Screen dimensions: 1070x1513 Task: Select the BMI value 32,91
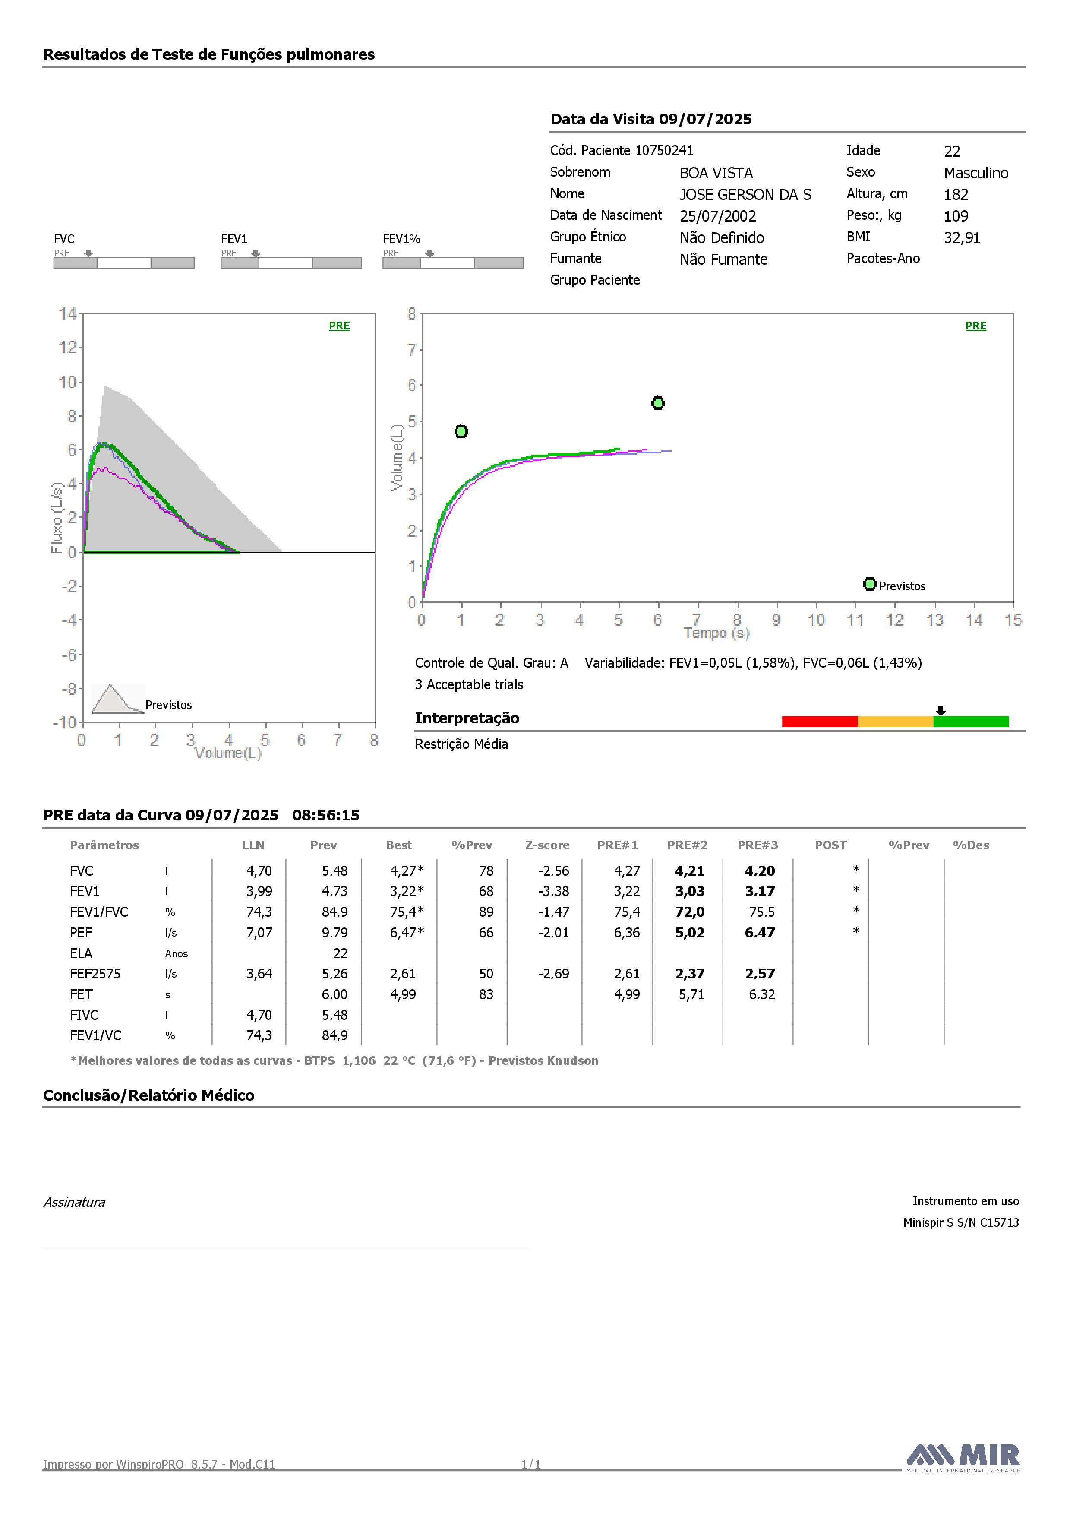pyautogui.click(x=962, y=238)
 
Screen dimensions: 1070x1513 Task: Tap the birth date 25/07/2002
pyautogui.click(x=718, y=216)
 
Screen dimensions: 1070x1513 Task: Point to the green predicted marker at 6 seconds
pyautogui.click(x=657, y=402)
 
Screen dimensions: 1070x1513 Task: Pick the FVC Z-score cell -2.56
pyautogui.click(x=553, y=871)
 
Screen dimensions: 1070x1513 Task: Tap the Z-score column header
pyautogui.click(x=548, y=845)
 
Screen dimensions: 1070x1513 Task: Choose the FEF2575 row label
pyautogui.click(x=95, y=974)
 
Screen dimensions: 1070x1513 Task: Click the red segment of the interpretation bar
pyautogui.click(x=820, y=722)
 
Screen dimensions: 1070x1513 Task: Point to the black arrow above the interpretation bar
pyautogui.click(x=941, y=710)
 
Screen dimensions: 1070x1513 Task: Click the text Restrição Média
pyautogui.click(x=461, y=744)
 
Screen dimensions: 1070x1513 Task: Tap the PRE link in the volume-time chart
pyautogui.click(x=976, y=326)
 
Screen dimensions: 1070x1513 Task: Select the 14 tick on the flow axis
pyautogui.click(x=67, y=313)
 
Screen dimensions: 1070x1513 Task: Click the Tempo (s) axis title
pyautogui.click(x=717, y=633)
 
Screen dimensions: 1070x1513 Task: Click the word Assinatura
pyautogui.click(x=74, y=1202)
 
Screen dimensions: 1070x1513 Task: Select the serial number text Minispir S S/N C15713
pyautogui.click(x=961, y=1222)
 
